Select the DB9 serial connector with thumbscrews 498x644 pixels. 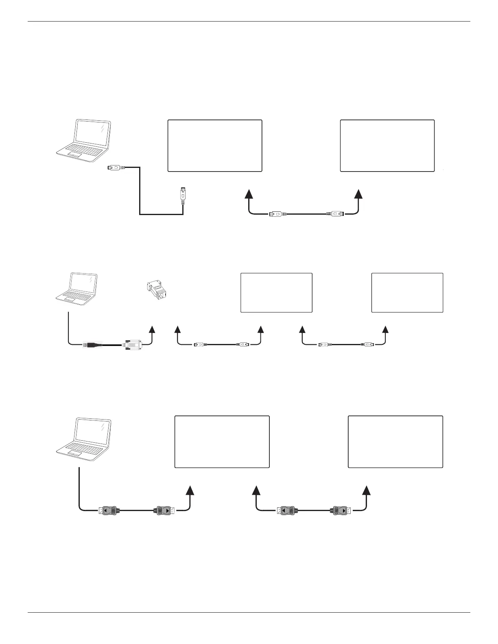click(x=133, y=344)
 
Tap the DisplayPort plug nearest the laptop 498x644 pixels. click(x=108, y=510)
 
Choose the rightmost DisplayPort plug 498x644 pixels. click(x=342, y=510)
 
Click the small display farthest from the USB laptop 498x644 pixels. click(x=407, y=293)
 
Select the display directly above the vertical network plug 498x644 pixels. click(x=215, y=146)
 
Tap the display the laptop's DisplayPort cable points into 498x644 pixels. click(x=222, y=442)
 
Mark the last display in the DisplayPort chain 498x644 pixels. click(x=395, y=442)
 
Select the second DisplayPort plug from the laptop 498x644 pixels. click(x=164, y=510)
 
